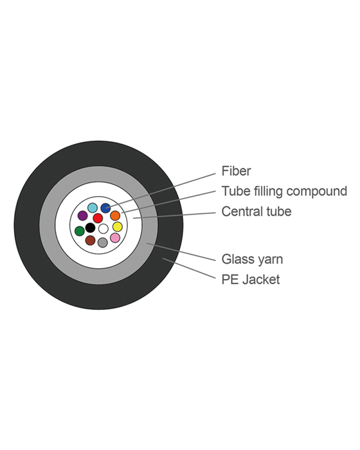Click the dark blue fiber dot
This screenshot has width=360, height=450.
click(105, 208)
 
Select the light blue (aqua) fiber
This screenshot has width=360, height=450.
click(93, 208)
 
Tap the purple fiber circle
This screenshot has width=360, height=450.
click(82, 216)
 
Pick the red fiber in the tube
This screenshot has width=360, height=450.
click(98, 218)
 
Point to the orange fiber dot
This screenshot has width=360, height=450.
click(115, 216)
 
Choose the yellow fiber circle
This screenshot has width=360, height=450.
click(117, 227)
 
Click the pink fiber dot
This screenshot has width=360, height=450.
click(115, 238)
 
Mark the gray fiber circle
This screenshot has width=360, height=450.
click(102, 242)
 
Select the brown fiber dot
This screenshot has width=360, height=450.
click(90, 240)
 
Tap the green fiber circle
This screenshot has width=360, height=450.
click(79, 231)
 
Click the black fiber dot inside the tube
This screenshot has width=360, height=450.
click(90, 228)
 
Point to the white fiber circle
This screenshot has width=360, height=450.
click(103, 229)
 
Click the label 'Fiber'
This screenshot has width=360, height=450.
click(236, 171)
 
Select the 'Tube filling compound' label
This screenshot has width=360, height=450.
click(284, 192)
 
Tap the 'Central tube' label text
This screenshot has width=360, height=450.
click(256, 212)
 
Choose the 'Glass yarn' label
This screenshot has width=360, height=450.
click(252, 259)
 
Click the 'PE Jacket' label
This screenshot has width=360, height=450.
click(251, 280)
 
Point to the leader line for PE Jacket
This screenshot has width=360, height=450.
click(190, 269)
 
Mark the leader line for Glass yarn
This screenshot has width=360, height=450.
click(183, 252)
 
